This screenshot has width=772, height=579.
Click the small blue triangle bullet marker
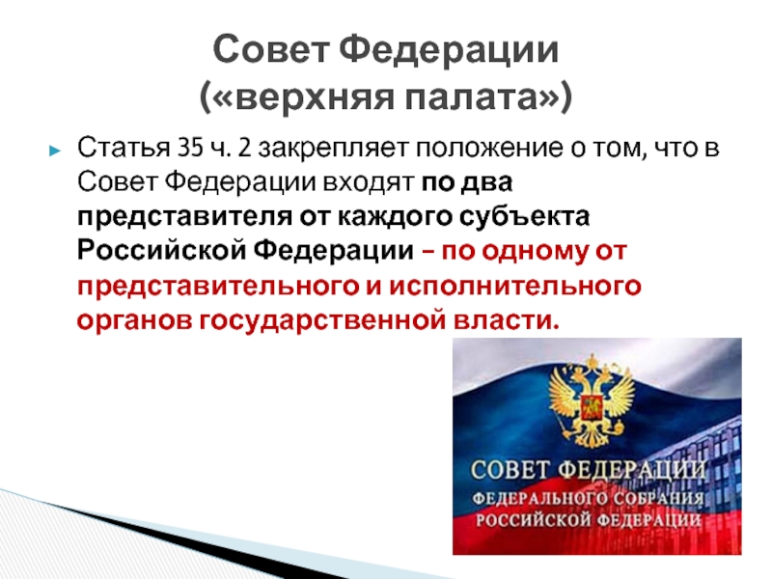55,151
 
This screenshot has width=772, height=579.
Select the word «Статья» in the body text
124,148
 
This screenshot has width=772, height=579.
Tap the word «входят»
368,183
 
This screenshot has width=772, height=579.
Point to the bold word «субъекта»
524,216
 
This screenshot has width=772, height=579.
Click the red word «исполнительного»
515,287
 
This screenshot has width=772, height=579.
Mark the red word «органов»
134,321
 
